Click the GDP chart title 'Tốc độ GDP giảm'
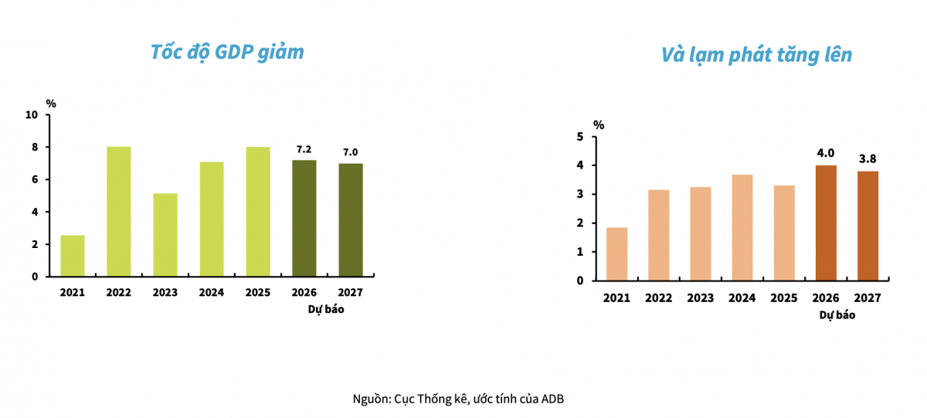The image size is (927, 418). click(227, 52)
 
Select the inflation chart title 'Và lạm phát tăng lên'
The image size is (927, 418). click(756, 55)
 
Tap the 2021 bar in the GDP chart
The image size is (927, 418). click(73, 256)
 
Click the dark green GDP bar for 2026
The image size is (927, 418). click(304, 219)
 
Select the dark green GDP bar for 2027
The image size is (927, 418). click(350, 220)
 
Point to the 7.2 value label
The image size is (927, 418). click(304, 149)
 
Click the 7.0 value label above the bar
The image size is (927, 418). click(350, 152)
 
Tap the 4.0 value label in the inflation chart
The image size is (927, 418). click(826, 153)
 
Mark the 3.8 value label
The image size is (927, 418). click(867, 159)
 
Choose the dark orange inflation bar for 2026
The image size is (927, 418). click(826, 223)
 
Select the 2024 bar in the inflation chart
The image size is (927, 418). click(742, 228)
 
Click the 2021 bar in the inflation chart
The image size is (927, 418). click(616, 254)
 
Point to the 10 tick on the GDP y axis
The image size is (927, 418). click(32, 115)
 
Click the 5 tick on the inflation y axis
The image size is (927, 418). click(580, 137)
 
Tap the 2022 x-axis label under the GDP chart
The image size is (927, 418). click(119, 293)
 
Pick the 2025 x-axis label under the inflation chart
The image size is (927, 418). click(783, 297)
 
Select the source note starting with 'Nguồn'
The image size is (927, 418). click(463, 399)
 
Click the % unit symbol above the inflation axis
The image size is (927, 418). click(599, 124)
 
